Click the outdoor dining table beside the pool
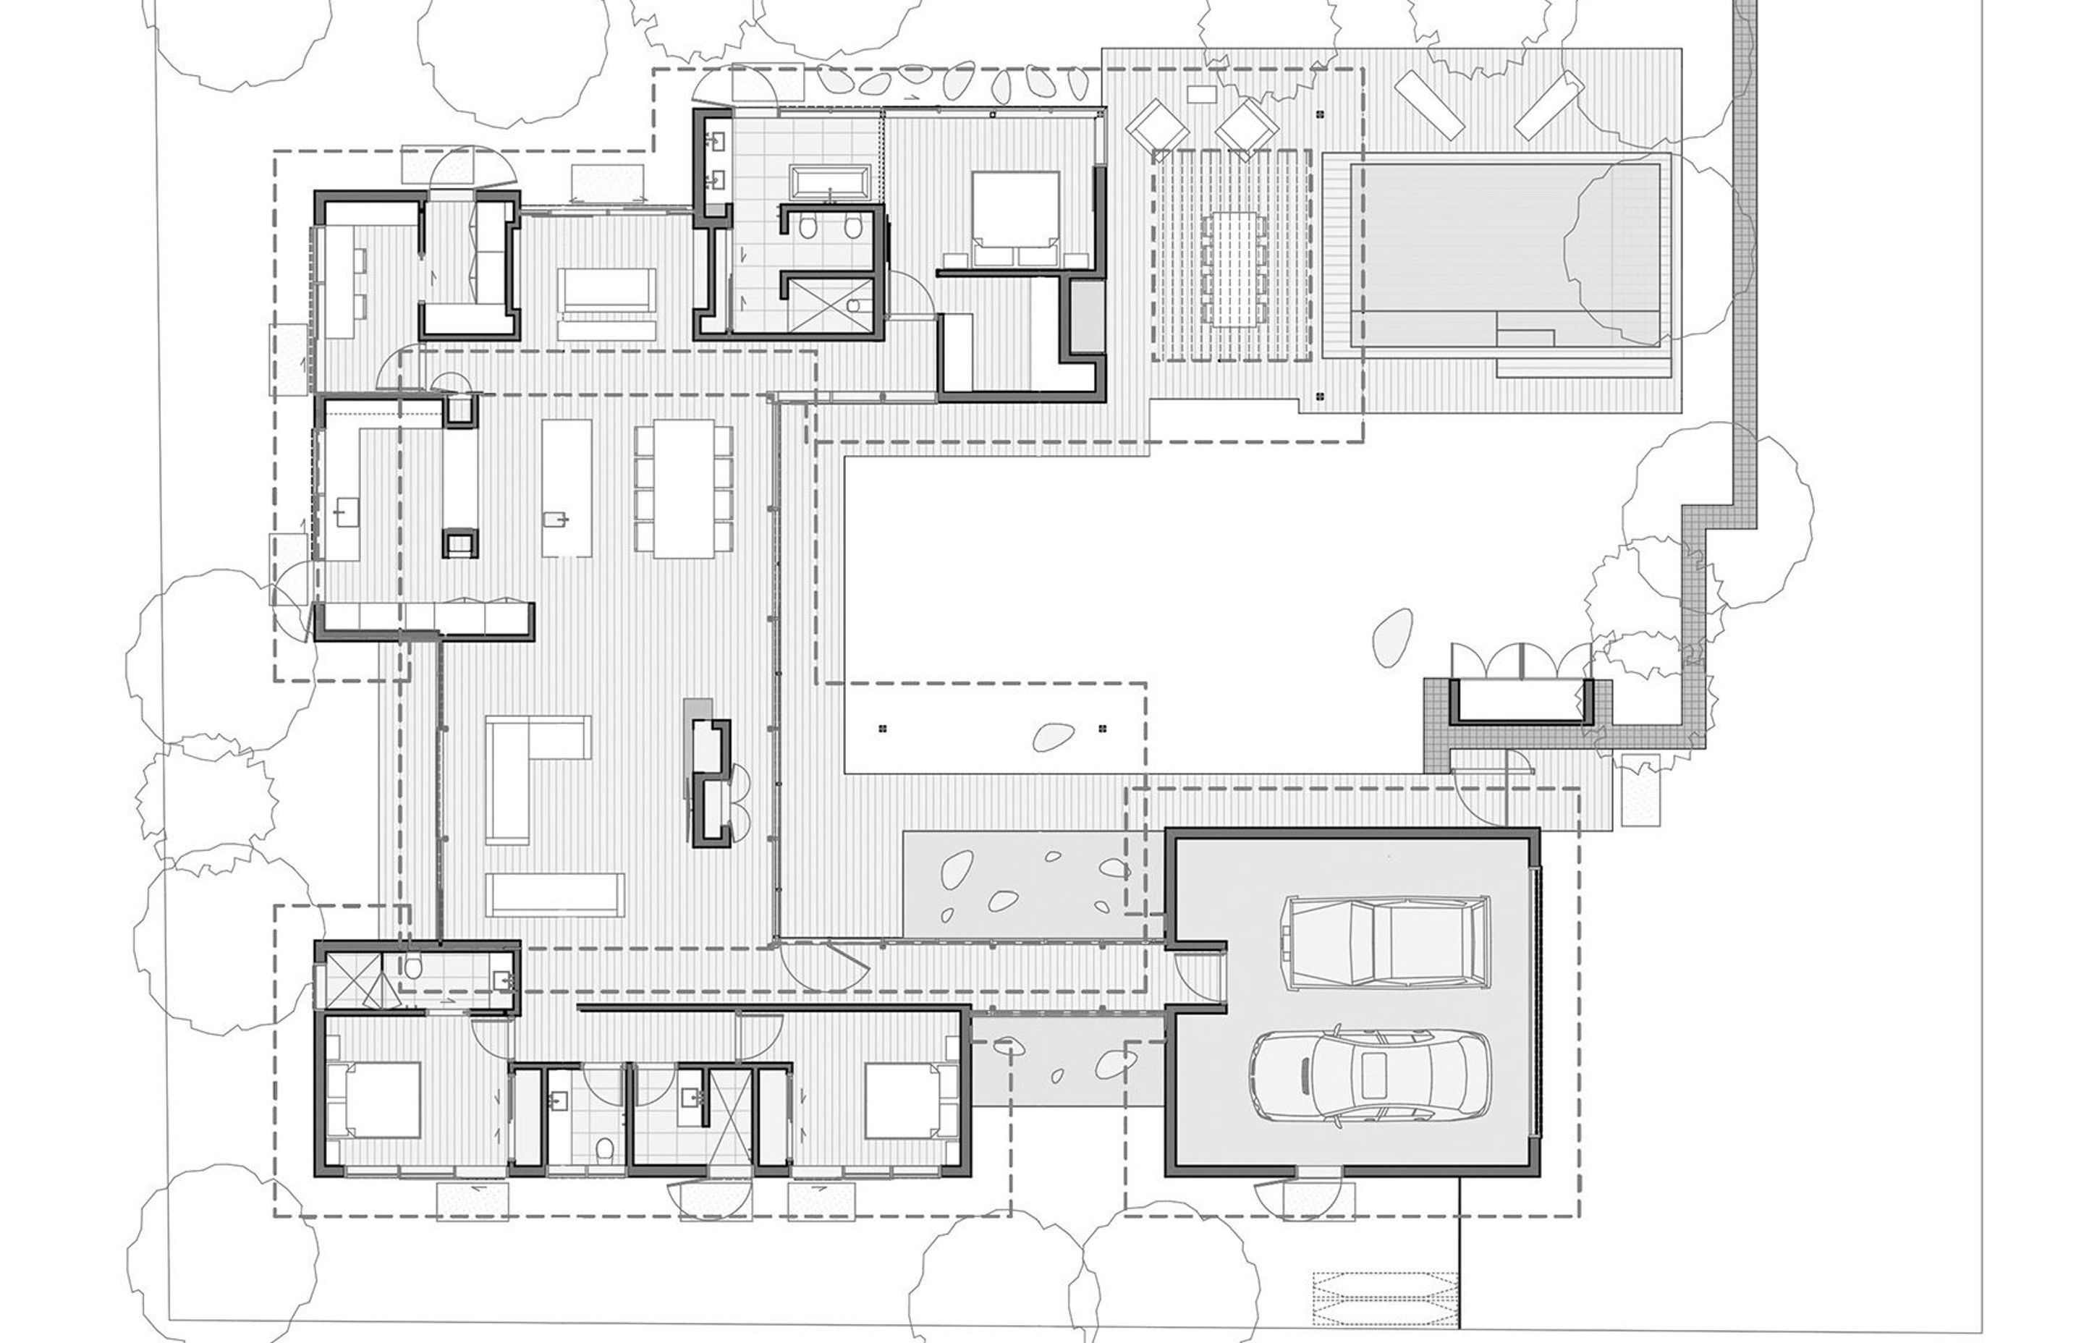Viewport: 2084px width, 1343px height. click(1231, 268)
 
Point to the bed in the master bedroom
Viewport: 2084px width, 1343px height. click(1016, 218)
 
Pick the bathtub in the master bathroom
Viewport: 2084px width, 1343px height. click(829, 183)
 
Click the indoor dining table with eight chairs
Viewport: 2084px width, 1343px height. click(685, 488)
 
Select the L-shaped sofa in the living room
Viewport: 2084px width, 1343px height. click(523, 768)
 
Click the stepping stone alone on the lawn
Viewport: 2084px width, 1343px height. click(1392, 637)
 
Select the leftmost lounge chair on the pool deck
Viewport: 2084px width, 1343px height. click(1157, 127)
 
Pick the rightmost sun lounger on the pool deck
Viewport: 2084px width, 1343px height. click(1549, 105)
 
